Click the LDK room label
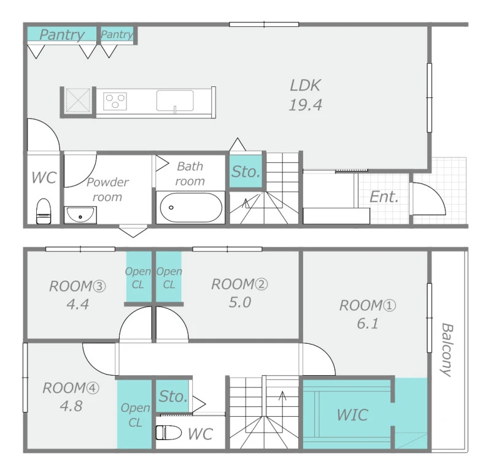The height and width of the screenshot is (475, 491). click(x=305, y=85)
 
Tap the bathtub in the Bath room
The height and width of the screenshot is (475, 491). click(x=191, y=207)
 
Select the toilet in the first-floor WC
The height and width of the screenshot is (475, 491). click(x=44, y=211)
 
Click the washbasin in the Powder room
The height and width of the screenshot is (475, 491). click(x=80, y=215)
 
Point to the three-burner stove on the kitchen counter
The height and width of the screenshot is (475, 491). click(x=115, y=101)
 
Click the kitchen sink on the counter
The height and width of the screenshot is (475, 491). click(x=175, y=101)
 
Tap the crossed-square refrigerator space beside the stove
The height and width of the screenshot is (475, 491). click(x=78, y=100)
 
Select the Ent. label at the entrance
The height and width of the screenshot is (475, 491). click(x=384, y=197)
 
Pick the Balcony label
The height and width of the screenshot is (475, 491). click(x=447, y=349)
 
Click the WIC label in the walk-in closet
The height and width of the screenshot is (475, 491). click(x=352, y=415)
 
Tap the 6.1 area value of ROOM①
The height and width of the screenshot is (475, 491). click(x=368, y=324)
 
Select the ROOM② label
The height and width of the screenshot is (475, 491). click(x=239, y=284)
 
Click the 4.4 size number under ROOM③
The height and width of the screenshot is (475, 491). click(x=78, y=304)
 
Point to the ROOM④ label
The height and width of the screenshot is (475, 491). click(x=71, y=388)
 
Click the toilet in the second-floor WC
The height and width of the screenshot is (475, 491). click(x=169, y=433)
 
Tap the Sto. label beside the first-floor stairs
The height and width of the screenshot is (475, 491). click(x=246, y=172)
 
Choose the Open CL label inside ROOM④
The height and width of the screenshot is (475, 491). click(x=135, y=415)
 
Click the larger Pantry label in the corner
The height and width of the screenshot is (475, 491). click(x=62, y=34)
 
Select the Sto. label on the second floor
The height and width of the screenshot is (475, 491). click(x=173, y=396)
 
